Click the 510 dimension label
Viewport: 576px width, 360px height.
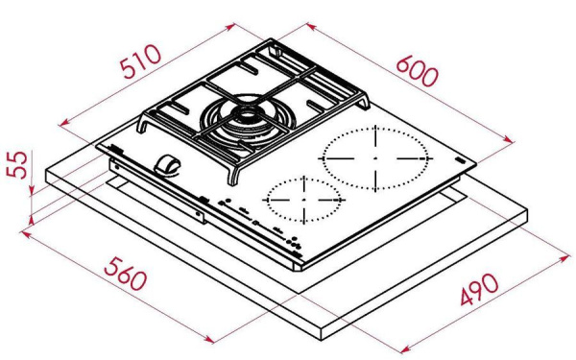142,61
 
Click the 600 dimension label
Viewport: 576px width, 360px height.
418,71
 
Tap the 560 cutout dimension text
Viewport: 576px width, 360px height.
126,274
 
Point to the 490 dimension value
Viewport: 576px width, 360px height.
480,289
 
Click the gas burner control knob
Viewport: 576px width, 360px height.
167,164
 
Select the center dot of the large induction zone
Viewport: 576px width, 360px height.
375,158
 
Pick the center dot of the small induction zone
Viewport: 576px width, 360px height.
303,200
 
